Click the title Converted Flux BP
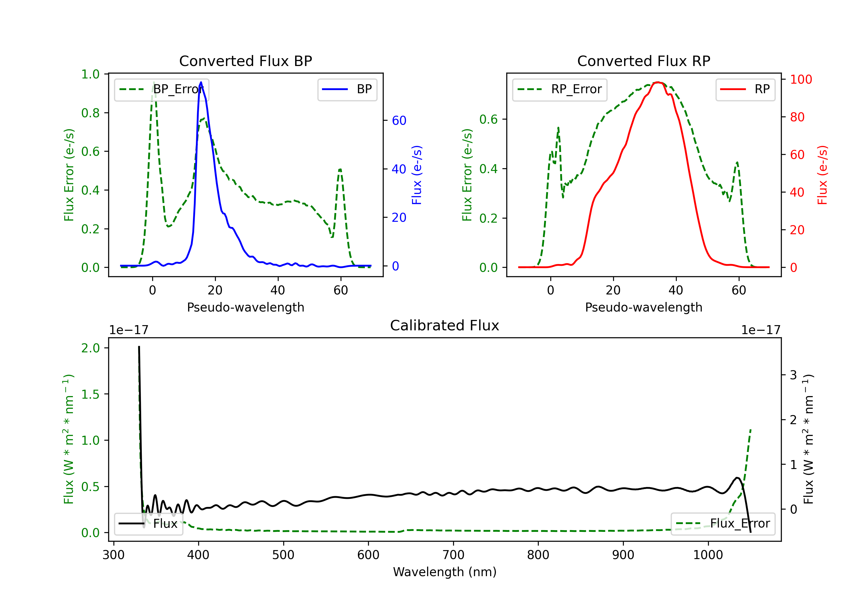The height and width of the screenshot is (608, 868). tap(245, 61)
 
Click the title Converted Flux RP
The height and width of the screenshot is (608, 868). tap(643, 61)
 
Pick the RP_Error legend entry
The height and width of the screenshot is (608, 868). tap(560, 89)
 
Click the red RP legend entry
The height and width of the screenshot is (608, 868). tap(745, 89)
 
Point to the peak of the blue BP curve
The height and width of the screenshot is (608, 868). tap(201, 82)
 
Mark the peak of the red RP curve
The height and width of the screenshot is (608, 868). tap(658, 82)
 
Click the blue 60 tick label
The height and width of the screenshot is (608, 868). tap(399, 120)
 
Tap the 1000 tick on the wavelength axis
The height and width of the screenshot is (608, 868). tap(708, 555)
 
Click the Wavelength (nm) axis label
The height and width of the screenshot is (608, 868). tap(445, 572)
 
